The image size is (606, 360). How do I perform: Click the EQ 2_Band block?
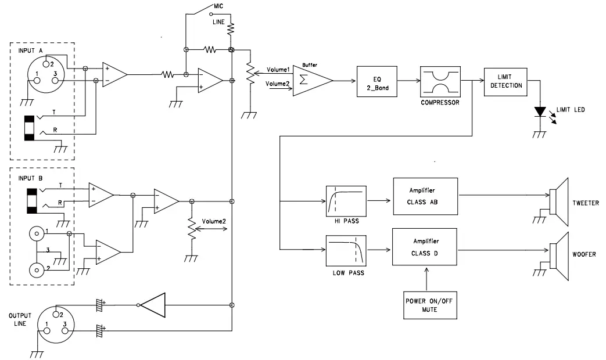[x=376, y=81]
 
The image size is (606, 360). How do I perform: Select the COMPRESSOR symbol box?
[x=439, y=81]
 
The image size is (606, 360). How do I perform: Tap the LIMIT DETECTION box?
[x=503, y=81]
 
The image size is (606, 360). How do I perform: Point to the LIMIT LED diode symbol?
[x=541, y=111]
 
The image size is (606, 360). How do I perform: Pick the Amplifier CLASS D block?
[x=425, y=247]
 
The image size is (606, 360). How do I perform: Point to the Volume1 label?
[x=278, y=70]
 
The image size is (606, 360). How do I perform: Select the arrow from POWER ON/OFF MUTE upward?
[x=426, y=278]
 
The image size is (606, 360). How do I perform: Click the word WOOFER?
[x=584, y=255]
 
